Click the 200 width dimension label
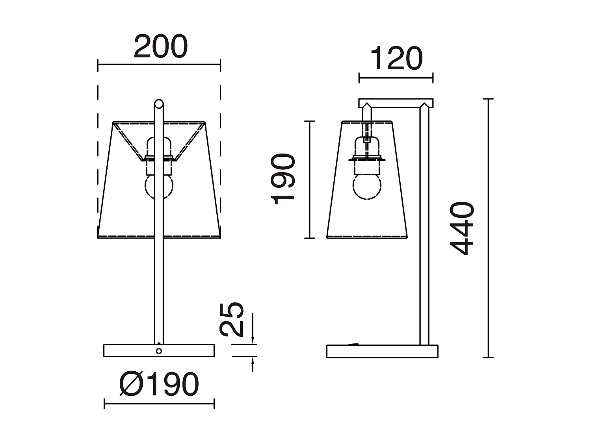click(160, 47)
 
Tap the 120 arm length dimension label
click(396, 59)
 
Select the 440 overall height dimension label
click(462, 228)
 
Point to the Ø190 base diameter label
click(159, 384)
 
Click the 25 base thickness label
click(232, 319)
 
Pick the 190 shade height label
click(284, 179)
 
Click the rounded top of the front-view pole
click(159, 104)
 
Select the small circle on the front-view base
click(159, 351)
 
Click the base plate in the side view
click(382, 351)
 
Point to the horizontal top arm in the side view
click(396, 103)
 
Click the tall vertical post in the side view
click(424, 224)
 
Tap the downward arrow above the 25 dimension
click(253, 339)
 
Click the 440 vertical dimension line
click(489, 228)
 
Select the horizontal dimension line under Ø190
click(159, 404)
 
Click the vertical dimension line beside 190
click(310, 180)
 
